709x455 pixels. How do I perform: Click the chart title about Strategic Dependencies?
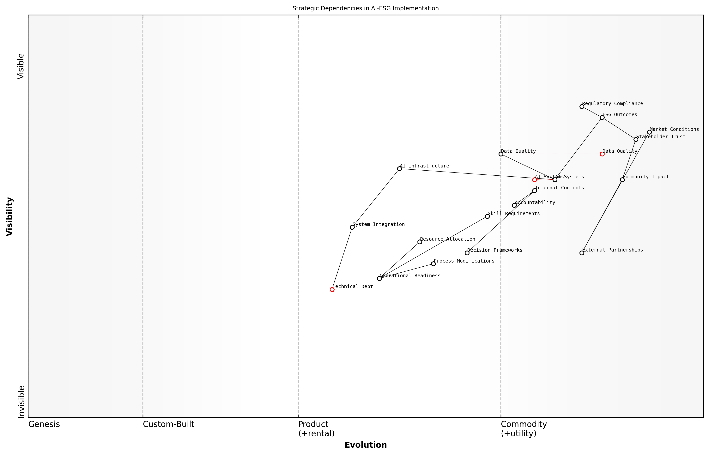tap(365, 8)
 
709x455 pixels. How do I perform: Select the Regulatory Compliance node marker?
tap(582, 106)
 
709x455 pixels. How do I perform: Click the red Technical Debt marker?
tap(332, 289)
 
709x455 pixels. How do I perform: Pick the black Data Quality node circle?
tap(501, 154)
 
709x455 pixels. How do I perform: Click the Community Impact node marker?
tap(622, 180)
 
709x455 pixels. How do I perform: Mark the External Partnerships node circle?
tap(582, 253)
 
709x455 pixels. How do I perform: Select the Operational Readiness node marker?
tap(379, 278)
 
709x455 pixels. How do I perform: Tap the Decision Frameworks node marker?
tap(467, 253)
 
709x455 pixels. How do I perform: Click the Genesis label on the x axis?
tap(44, 424)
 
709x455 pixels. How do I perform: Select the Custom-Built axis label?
tap(168, 424)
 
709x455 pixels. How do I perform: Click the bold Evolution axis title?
tap(365, 445)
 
